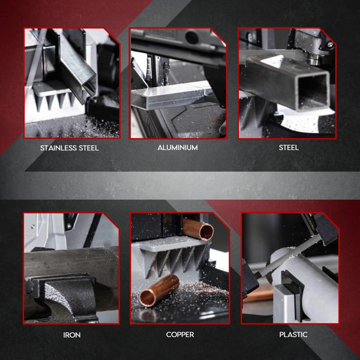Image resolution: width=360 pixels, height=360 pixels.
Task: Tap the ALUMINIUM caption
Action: (x=178, y=148)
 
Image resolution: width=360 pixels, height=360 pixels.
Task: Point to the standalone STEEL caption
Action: (x=289, y=148)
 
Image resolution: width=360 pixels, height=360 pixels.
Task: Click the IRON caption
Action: (x=71, y=334)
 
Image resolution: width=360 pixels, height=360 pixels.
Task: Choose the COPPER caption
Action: (x=179, y=334)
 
